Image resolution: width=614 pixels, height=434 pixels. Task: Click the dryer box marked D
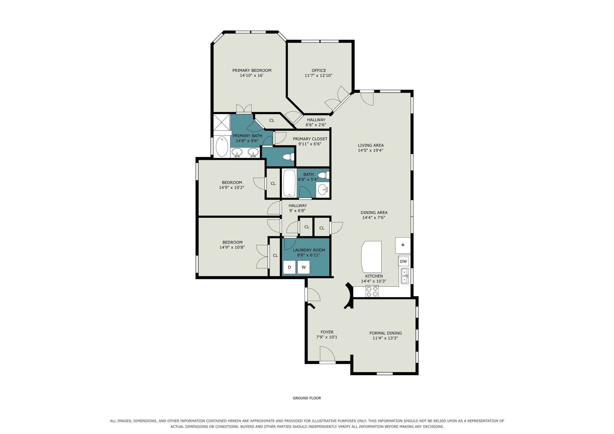pos(289,267)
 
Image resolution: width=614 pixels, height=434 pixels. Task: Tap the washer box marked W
pos(304,267)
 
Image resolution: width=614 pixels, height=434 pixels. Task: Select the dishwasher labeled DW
pos(403,261)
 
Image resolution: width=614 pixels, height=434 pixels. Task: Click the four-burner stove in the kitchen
pos(372,291)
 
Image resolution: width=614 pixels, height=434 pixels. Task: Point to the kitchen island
pos(371,257)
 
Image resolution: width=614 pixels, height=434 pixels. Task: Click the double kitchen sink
pos(405,276)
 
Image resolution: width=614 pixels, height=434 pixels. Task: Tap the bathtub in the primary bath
pos(222,147)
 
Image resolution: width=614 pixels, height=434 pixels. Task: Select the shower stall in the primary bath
pos(222,122)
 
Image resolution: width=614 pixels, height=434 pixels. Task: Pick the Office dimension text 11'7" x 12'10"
pos(318,76)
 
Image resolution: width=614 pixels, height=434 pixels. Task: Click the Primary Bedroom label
pos(252,70)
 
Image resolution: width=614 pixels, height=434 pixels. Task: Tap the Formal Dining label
pos(385,333)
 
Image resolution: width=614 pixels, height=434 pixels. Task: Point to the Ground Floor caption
pos(307,398)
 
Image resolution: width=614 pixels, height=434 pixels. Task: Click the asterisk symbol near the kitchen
pos(403,245)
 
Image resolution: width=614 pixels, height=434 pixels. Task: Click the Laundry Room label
pos(309,250)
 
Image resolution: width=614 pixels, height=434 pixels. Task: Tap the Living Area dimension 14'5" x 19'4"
pos(370,150)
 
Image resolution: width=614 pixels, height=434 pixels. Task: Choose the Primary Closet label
pos(310,139)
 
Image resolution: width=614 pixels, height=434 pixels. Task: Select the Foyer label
pos(327,332)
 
